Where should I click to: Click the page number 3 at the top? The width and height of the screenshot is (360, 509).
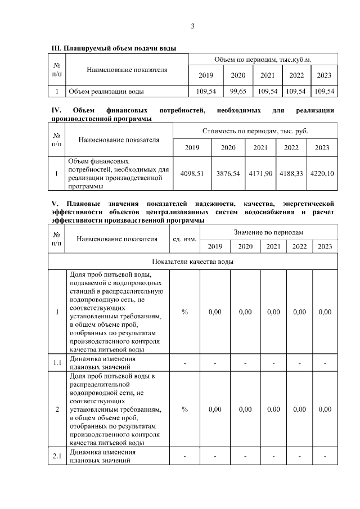(x=192, y=26)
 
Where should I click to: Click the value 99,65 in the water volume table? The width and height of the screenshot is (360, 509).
(x=238, y=91)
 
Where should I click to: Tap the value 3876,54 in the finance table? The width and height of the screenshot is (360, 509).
(x=228, y=174)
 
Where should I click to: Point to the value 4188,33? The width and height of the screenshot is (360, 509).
(x=291, y=174)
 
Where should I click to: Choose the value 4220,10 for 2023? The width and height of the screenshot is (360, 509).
(x=322, y=174)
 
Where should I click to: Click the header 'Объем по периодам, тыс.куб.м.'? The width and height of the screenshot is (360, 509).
(x=263, y=59)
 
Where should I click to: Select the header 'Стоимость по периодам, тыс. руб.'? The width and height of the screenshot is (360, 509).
(x=255, y=130)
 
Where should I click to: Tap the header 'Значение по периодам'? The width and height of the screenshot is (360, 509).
(x=268, y=232)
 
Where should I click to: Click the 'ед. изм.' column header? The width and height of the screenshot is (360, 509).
(x=184, y=239)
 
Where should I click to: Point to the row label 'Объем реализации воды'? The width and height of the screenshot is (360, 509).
(x=106, y=91)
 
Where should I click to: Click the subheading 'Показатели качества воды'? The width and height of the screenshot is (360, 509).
(x=192, y=262)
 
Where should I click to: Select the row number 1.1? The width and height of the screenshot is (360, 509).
(x=57, y=362)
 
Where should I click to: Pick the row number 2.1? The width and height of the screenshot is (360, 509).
(x=57, y=456)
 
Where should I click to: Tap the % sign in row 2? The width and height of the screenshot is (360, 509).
(x=184, y=409)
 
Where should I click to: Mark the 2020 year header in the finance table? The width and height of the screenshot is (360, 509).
(x=228, y=148)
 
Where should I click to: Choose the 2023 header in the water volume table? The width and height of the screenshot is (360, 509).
(x=325, y=75)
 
